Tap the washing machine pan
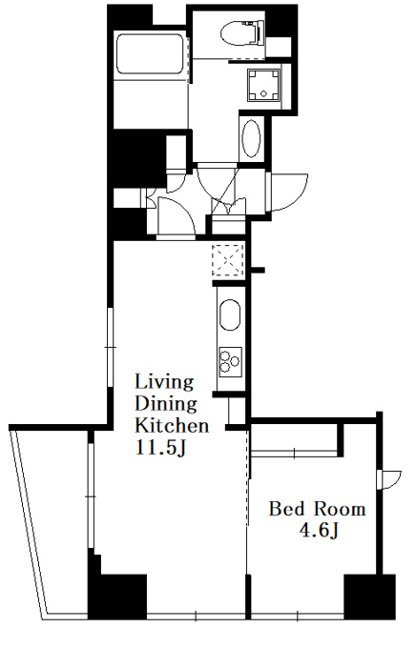[x=263, y=85]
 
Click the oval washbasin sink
[x=251, y=138]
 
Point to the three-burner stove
[x=230, y=361]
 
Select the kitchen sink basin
[x=230, y=314]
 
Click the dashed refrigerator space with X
[x=227, y=260]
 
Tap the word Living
[x=164, y=382]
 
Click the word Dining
[x=166, y=404]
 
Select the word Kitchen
[x=172, y=426]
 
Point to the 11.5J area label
[x=160, y=448]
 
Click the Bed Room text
[x=318, y=509]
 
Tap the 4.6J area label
[x=319, y=531]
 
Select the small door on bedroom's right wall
[x=389, y=479]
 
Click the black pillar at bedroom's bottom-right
[x=369, y=597]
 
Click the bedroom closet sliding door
[x=294, y=454]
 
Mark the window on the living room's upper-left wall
[x=110, y=348]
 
